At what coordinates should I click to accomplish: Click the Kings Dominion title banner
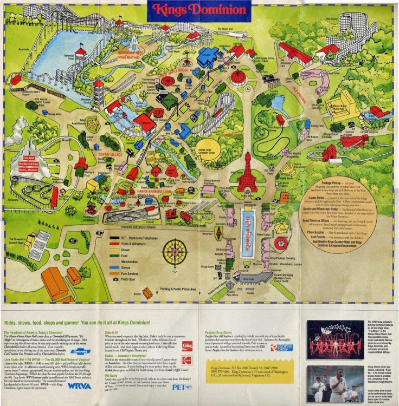(199, 10)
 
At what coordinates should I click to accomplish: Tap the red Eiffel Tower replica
(247, 173)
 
